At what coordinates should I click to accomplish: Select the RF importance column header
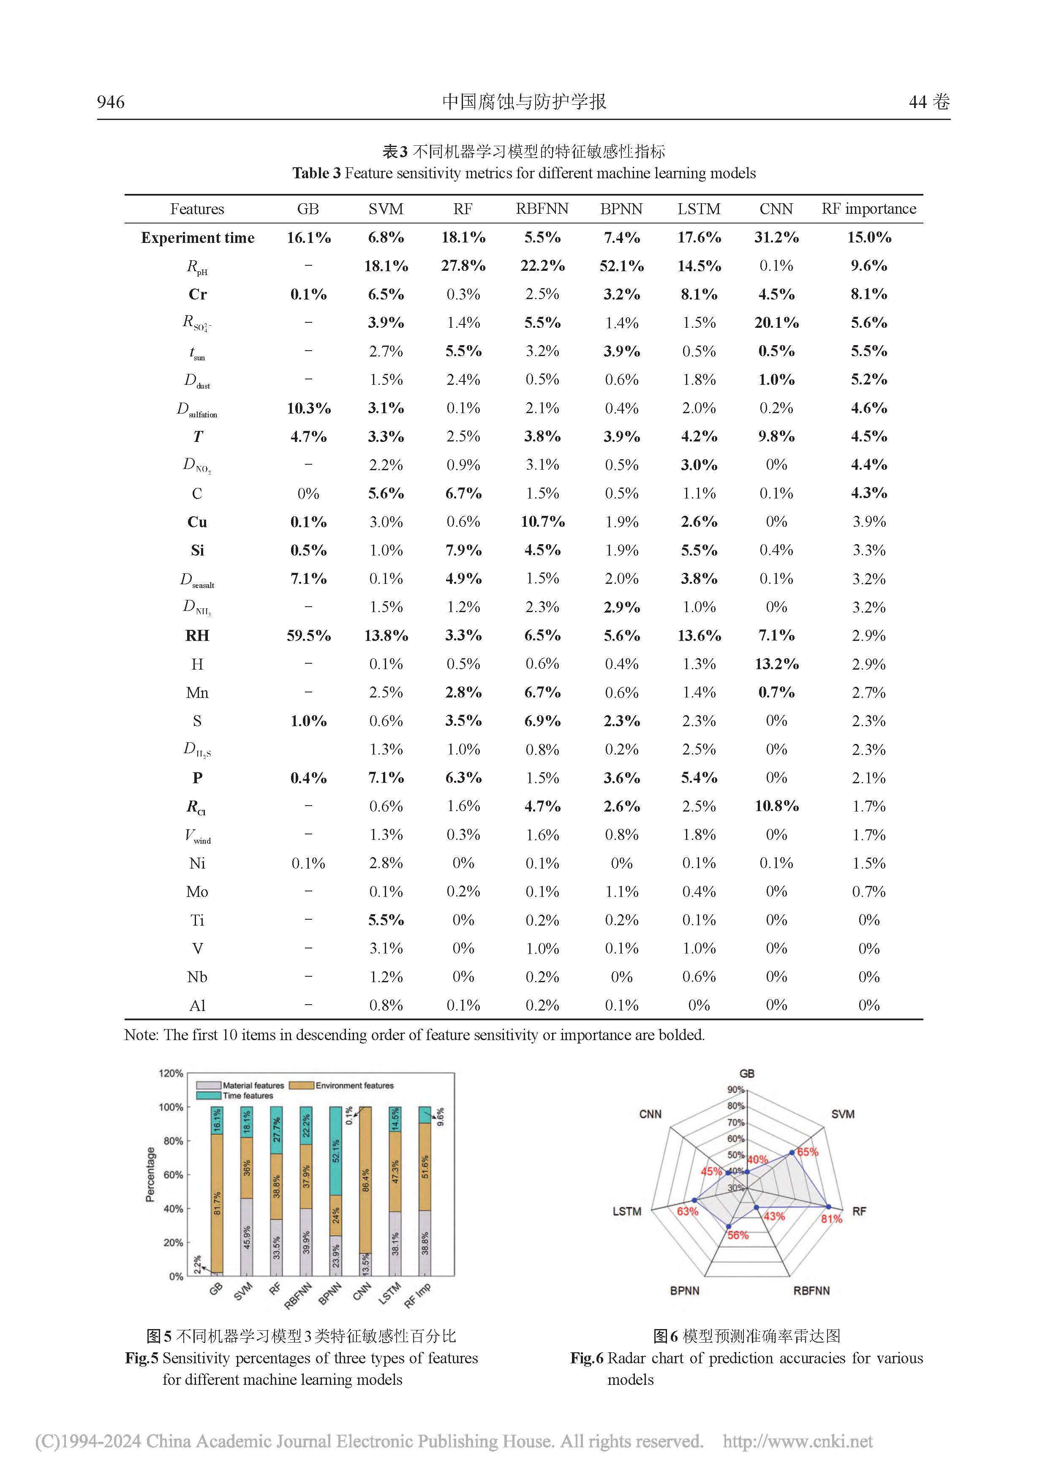pyautogui.click(x=868, y=209)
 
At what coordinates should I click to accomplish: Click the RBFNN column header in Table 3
pyautogui.click(x=542, y=209)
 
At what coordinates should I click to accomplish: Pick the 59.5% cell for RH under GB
pyautogui.click(x=308, y=636)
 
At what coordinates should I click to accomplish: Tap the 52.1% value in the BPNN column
pyautogui.click(x=621, y=266)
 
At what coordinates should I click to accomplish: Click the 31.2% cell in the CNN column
pyautogui.click(x=776, y=237)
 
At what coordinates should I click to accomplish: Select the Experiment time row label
pyautogui.click(x=197, y=237)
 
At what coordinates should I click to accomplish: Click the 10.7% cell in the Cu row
pyautogui.click(x=542, y=522)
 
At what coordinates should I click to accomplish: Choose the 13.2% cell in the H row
pyautogui.click(x=776, y=664)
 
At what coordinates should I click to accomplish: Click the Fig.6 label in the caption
pyautogui.click(x=587, y=1358)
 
